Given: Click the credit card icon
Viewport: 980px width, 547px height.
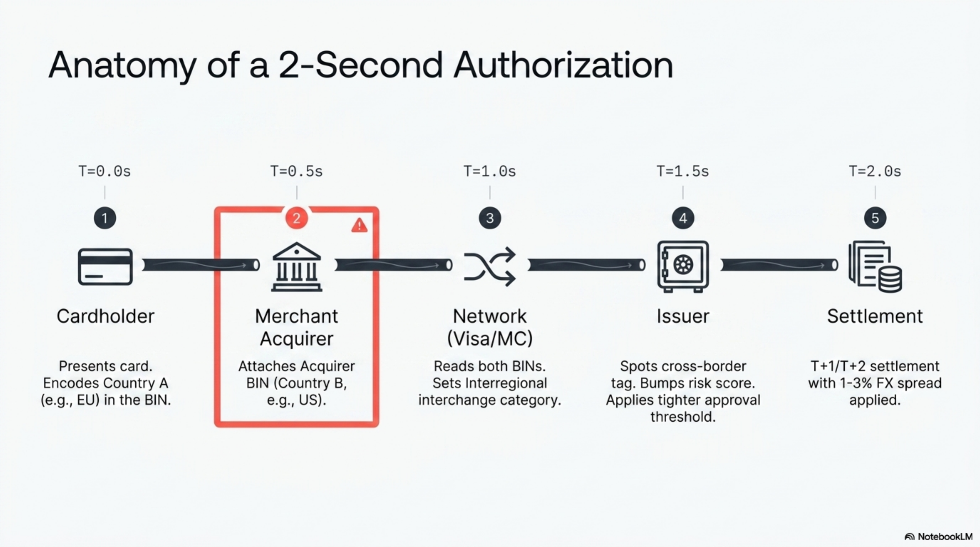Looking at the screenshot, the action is (x=105, y=267).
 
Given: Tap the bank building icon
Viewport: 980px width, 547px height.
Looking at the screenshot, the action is (x=297, y=267).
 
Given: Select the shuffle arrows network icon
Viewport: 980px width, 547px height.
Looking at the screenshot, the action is (x=490, y=266).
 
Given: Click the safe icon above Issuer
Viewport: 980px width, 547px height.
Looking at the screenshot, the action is (x=683, y=266).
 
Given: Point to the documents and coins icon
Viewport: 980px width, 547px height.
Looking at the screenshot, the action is (x=875, y=266).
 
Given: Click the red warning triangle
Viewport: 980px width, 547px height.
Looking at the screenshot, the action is (x=359, y=225).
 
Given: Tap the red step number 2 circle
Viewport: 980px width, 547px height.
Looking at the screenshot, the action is (x=296, y=218).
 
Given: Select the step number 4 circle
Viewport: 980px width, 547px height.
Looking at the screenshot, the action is (x=683, y=218).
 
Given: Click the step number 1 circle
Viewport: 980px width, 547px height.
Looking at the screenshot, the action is (x=105, y=218).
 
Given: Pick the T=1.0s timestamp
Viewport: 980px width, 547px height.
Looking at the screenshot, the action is (x=490, y=171).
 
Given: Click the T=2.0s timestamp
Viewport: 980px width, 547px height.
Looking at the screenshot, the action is (x=875, y=171).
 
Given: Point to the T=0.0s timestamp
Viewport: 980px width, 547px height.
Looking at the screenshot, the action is (x=105, y=171).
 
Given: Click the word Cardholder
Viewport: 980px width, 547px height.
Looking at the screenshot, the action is (x=105, y=316).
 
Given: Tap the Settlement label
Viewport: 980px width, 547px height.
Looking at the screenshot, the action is (x=875, y=316).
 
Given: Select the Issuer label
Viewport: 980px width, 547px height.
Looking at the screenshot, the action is (x=683, y=316).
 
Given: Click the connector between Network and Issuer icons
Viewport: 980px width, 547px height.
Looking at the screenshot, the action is (x=586, y=265).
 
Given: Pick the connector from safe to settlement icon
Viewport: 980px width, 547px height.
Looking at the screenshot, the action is (x=779, y=265).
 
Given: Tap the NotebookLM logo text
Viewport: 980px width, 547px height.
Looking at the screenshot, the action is (x=945, y=536).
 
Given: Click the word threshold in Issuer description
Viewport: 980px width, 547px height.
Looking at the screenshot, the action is (x=683, y=417).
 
